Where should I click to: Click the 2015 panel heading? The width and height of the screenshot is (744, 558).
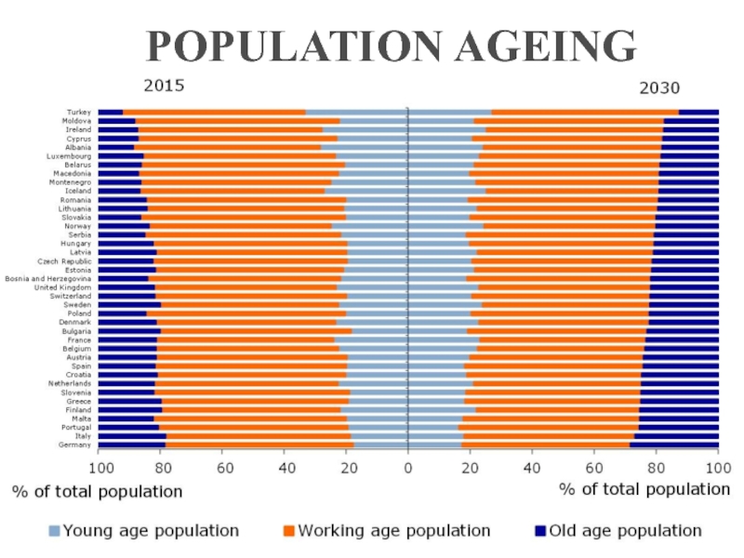164,86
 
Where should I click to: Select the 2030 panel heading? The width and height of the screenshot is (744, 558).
658,88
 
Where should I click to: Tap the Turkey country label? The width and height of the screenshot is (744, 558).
79,112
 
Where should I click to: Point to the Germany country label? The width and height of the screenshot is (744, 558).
75,445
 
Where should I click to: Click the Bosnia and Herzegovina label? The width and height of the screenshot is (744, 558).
47,278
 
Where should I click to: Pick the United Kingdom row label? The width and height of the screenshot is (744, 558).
62,287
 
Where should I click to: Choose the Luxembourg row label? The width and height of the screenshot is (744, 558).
71,156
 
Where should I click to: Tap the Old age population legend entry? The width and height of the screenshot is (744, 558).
625,531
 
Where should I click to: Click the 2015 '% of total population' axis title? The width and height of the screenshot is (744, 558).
98,490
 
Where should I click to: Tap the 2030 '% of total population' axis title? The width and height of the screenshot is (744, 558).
644,488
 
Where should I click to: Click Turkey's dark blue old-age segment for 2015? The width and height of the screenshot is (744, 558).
111,112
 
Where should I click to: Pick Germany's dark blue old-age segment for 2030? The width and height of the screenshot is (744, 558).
674,445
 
